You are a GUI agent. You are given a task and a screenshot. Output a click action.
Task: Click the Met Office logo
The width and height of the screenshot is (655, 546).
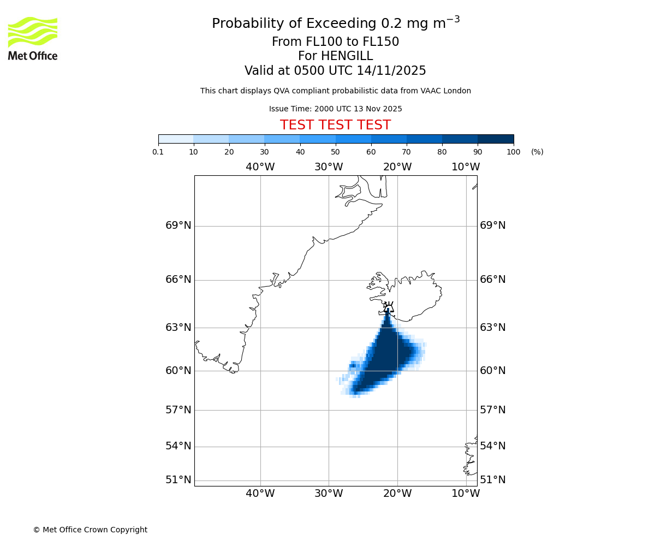(33, 38)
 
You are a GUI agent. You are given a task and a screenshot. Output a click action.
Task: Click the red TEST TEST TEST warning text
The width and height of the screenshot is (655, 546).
(335, 125)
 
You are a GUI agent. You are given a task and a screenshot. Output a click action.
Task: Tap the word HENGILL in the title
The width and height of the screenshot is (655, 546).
(348, 56)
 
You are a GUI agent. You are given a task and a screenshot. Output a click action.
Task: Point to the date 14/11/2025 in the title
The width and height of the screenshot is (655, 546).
(391, 71)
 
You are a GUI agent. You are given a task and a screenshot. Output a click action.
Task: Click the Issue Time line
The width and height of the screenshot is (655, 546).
(335, 109)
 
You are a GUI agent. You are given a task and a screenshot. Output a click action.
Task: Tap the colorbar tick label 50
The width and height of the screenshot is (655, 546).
(335, 152)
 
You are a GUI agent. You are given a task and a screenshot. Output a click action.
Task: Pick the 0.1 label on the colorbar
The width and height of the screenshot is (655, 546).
(158, 152)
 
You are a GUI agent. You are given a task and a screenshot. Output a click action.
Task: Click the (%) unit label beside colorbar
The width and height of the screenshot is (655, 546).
(537, 152)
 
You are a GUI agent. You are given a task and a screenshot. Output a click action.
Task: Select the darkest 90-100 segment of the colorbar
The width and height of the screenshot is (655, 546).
(496, 139)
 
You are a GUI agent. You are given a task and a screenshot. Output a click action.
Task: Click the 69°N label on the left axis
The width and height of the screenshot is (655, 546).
(178, 225)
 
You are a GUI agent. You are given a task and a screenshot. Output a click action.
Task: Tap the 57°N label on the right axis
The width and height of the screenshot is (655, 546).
(492, 410)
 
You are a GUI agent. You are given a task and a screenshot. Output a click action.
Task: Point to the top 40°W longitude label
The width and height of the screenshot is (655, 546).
(260, 167)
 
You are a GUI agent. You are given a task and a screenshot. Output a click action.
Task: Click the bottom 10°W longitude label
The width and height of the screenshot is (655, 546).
(466, 494)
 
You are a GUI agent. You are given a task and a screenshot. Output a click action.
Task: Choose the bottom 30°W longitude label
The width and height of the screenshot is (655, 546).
(329, 494)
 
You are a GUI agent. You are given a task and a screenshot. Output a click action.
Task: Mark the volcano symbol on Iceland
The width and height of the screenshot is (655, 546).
(388, 307)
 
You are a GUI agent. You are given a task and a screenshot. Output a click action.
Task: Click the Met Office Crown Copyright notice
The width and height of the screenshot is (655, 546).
(90, 530)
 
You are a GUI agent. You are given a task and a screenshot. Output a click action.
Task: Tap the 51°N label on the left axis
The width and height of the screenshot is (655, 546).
(178, 480)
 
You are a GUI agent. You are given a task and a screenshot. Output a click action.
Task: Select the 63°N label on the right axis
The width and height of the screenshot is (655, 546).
(492, 328)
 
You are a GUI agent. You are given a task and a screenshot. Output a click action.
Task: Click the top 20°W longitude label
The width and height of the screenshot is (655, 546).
(397, 167)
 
